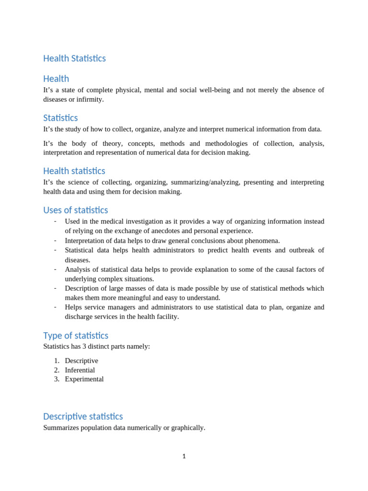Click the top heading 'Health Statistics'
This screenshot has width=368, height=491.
[74, 58]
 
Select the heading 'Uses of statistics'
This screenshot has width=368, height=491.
[75, 210]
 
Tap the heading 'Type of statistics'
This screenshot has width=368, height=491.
[76, 336]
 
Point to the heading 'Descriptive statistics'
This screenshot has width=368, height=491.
[83, 416]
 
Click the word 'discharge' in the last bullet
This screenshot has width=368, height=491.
[80, 317]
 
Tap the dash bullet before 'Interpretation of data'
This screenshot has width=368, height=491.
[56, 240]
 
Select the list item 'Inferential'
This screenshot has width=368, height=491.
[80, 370]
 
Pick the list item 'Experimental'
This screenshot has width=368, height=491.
[84, 379]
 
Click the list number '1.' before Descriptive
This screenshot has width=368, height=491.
[57, 361]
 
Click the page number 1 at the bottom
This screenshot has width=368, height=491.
[184, 456]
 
